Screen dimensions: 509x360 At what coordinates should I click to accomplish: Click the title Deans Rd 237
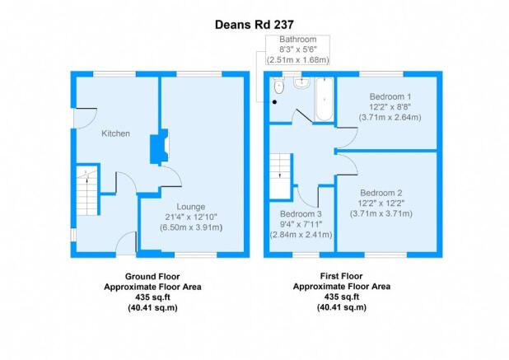click(254, 25)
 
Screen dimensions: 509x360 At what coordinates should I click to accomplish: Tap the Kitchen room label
click(115, 133)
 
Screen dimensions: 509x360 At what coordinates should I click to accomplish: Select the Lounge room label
click(190, 207)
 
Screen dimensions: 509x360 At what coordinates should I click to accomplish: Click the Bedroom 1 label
click(390, 96)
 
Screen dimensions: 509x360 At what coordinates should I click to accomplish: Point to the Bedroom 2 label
click(381, 193)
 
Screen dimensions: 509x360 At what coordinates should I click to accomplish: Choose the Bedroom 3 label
click(301, 214)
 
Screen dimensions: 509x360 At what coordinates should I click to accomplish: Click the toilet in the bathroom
click(278, 86)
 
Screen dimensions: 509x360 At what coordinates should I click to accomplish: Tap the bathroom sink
click(302, 82)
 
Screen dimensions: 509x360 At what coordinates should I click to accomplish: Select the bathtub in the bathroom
click(324, 99)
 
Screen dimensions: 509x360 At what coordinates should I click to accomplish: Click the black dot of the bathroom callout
click(274, 102)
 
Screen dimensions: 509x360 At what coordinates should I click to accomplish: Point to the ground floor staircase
click(87, 191)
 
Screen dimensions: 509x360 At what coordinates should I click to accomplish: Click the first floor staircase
click(280, 175)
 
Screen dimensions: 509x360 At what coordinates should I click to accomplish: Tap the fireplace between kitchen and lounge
click(160, 146)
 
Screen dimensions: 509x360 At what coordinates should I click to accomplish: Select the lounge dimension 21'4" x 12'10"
click(191, 217)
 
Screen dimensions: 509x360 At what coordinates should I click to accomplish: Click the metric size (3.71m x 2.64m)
click(390, 117)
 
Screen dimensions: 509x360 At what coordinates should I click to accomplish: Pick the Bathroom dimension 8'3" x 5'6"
click(298, 49)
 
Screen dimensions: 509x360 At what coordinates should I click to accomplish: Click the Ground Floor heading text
click(152, 277)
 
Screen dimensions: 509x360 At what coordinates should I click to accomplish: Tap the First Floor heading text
click(341, 276)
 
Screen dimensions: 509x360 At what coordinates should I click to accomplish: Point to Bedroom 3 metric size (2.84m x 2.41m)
click(301, 235)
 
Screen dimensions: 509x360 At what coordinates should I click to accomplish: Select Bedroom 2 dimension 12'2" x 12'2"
click(381, 203)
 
